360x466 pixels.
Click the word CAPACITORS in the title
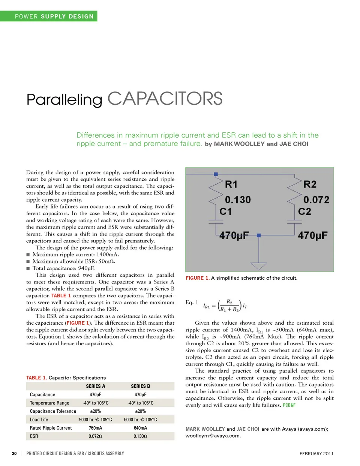(165, 99)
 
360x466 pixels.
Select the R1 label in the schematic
(231, 184)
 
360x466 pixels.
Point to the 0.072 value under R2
(316, 199)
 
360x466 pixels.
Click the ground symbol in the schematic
(258, 265)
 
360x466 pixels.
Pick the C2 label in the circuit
(304, 211)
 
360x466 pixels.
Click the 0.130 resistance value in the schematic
(238, 199)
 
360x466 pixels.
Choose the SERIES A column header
(96, 386)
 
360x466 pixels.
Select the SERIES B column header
(140, 386)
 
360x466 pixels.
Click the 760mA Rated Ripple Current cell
(96, 428)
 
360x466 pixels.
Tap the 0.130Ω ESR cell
(140, 436)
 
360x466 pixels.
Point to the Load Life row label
(39, 420)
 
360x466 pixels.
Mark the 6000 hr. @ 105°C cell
(140, 420)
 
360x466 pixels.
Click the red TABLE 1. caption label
(36, 378)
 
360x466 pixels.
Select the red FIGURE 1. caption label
(198, 278)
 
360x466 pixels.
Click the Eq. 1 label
(192, 302)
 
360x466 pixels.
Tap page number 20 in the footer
(14, 453)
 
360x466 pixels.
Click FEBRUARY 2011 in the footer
(316, 453)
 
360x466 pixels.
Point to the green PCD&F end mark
(289, 405)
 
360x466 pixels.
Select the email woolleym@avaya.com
(213, 436)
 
